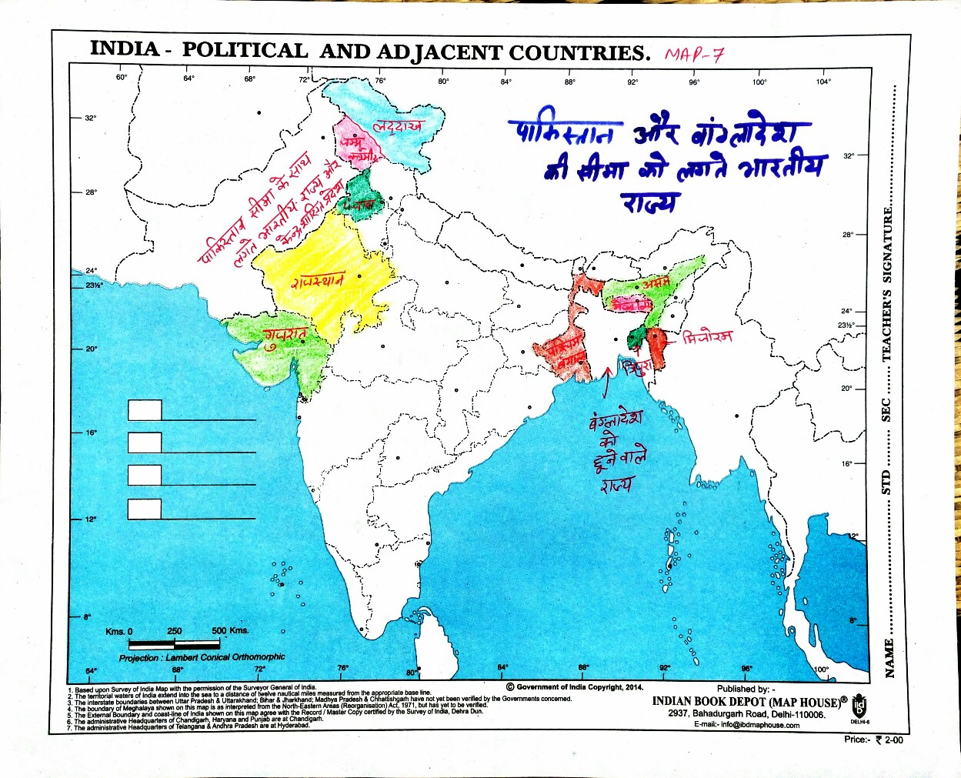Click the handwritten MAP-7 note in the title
(x=694, y=55)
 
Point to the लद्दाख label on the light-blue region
(x=398, y=126)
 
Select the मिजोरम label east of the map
(x=707, y=336)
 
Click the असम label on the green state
(x=656, y=283)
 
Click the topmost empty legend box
(x=145, y=410)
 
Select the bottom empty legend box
(x=145, y=509)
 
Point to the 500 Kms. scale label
(x=230, y=630)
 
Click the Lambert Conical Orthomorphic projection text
(x=202, y=657)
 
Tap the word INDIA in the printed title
(x=125, y=48)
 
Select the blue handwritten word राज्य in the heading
(x=651, y=202)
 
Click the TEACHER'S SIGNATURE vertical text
(x=887, y=285)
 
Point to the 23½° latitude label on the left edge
(x=93, y=285)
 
